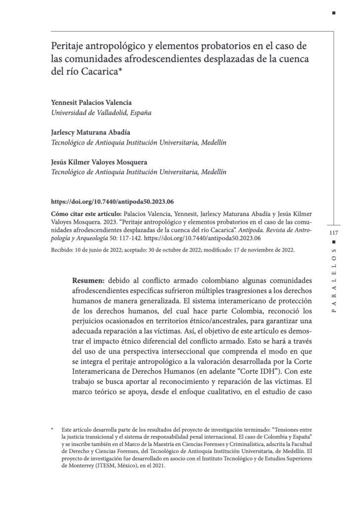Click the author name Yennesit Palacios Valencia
[92, 102]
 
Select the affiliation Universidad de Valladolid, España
[101, 112]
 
